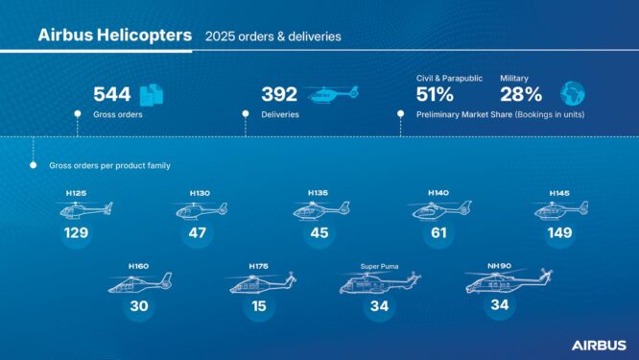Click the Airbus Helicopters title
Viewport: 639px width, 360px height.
point(113,36)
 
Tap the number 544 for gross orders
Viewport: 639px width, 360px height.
point(111,94)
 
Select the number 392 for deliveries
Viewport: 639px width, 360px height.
point(279,94)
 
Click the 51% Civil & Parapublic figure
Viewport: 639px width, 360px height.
point(435,94)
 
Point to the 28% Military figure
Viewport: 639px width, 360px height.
point(521,94)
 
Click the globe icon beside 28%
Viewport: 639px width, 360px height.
point(572,93)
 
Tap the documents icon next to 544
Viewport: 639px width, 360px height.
point(153,94)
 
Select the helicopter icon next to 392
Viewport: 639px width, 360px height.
point(333,93)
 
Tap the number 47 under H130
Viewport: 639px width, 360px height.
point(200,232)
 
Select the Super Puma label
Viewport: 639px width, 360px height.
point(378,266)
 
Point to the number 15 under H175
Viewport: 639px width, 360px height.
point(258,305)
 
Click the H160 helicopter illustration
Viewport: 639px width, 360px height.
point(140,282)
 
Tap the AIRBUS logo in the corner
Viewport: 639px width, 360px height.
point(599,344)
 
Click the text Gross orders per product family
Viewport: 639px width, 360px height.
point(109,166)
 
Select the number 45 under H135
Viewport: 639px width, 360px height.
point(318,232)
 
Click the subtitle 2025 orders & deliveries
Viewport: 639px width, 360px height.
point(272,36)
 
